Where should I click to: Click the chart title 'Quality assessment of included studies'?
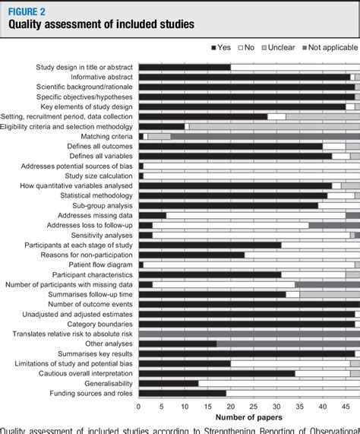tap(101, 24)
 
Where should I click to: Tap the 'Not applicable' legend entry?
tap(328, 48)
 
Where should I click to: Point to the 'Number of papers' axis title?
tap(248, 417)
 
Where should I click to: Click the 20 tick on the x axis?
tap(229, 405)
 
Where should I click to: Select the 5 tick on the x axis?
tap(161, 405)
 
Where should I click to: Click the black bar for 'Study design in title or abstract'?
tap(184, 67)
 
